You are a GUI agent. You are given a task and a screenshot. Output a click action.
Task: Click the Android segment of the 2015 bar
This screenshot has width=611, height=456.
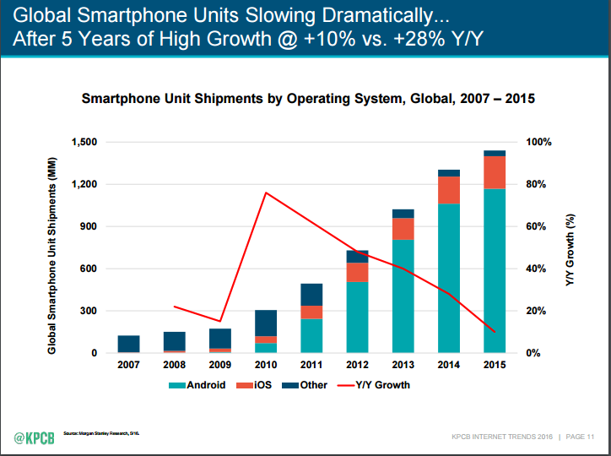pos(494,270)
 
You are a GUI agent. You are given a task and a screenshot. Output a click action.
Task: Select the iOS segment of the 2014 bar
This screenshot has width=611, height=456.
pos(448,190)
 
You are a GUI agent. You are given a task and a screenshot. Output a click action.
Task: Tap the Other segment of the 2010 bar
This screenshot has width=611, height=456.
pos(266,323)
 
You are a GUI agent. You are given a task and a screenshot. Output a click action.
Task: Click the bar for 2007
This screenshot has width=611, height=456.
pos(128,344)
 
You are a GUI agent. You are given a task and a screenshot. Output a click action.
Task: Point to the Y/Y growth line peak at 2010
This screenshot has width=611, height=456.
pos(266,193)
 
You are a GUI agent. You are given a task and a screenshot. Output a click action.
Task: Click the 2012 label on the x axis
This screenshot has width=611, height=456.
pos(357,365)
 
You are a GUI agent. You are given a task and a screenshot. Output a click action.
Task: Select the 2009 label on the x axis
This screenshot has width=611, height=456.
pos(220,365)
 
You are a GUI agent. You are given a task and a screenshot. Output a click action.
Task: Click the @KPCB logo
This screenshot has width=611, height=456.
pos(34,436)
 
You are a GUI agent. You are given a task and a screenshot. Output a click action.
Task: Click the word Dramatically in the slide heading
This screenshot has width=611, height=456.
pos(370,15)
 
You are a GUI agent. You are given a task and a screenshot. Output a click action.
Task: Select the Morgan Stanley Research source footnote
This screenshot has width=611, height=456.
pos(101,433)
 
